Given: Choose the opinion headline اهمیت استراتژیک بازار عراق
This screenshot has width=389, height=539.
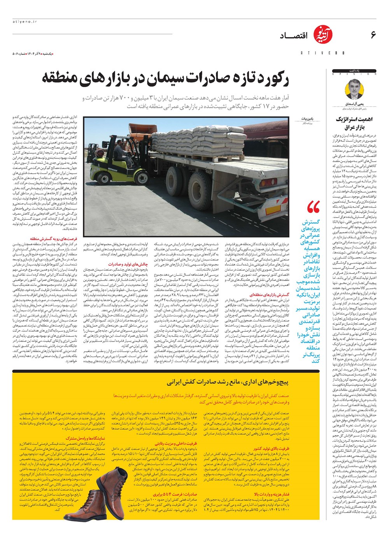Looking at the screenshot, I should pos(354,123).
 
